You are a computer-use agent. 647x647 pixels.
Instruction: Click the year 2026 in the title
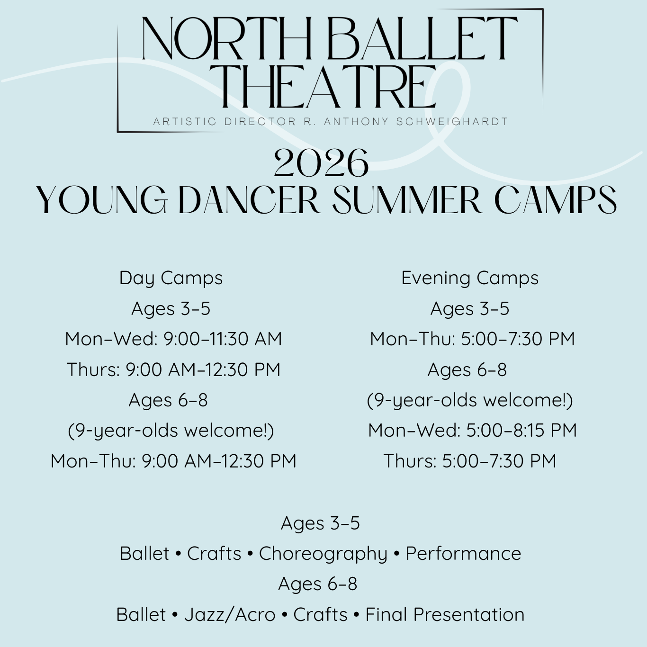coord(321,163)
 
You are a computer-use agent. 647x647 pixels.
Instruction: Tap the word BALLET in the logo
coord(422,39)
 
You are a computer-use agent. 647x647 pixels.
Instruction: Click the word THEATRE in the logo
coord(329,86)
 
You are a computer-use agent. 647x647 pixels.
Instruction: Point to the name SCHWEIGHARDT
coord(452,121)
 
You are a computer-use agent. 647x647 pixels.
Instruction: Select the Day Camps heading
coord(171,279)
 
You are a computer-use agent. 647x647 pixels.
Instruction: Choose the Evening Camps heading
coord(470,279)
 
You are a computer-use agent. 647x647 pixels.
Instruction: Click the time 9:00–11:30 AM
coord(223,339)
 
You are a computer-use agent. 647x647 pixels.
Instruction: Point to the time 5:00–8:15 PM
coord(521,431)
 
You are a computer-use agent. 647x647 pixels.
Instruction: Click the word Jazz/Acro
coord(230,615)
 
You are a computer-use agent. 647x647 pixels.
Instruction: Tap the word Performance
coord(463,554)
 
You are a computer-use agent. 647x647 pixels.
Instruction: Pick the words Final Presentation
coord(445,615)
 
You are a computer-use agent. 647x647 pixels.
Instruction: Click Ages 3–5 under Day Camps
coord(171,308)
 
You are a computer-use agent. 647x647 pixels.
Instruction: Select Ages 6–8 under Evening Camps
coord(467,369)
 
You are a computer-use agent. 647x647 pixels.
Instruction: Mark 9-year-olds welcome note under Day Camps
coord(171,431)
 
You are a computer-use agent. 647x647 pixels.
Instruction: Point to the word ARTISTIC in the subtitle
coord(185,121)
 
